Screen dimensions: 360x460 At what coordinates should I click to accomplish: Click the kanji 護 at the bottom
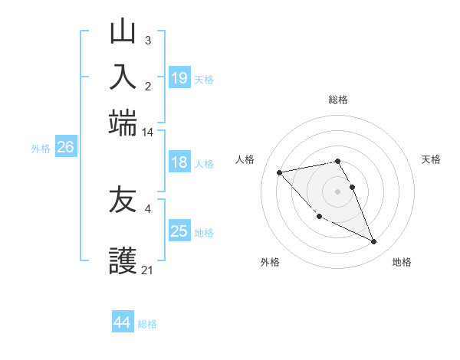click(123, 261)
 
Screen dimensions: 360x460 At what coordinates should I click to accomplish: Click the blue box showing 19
click(179, 77)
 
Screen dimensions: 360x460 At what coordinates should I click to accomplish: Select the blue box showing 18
click(179, 162)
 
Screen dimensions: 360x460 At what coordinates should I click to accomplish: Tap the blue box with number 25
click(179, 231)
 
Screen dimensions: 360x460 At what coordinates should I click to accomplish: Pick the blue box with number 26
click(65, 148)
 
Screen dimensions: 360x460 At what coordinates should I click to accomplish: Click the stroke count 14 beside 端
click(147, 133)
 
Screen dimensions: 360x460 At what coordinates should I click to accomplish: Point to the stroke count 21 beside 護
click(147, 270)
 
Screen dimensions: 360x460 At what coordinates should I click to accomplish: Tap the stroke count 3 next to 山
click(147, 40)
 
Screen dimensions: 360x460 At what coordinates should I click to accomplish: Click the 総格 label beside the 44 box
click(147, 324)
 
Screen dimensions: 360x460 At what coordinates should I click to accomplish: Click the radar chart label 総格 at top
click(338, 100)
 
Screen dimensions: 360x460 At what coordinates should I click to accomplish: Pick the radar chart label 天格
click(431, 159)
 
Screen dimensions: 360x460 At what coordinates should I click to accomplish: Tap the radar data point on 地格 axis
click(374, 242)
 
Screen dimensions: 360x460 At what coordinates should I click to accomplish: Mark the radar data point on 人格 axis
click(279, 172)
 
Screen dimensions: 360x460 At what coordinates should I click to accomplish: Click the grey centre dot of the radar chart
click(337, 191)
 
